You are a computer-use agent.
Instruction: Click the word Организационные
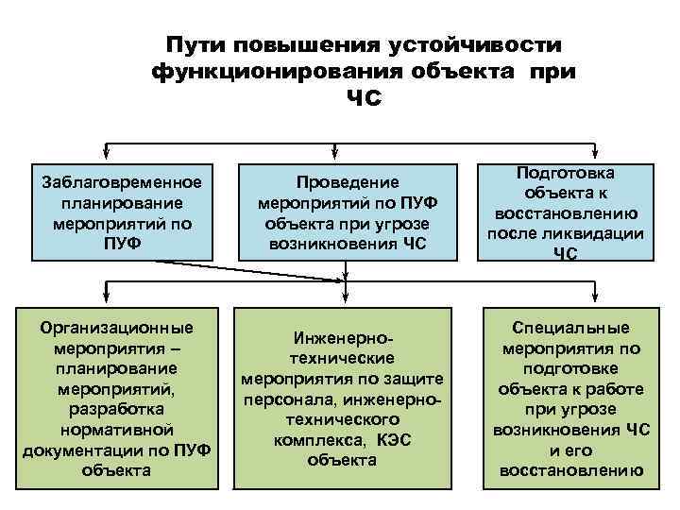(x=116, y=328)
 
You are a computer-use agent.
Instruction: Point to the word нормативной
(x=116, y=429)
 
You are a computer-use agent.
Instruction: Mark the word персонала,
(x=285, y=399)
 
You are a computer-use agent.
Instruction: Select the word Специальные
(x=570, y=328)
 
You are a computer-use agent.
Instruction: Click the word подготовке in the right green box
(x=570, y=368)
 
